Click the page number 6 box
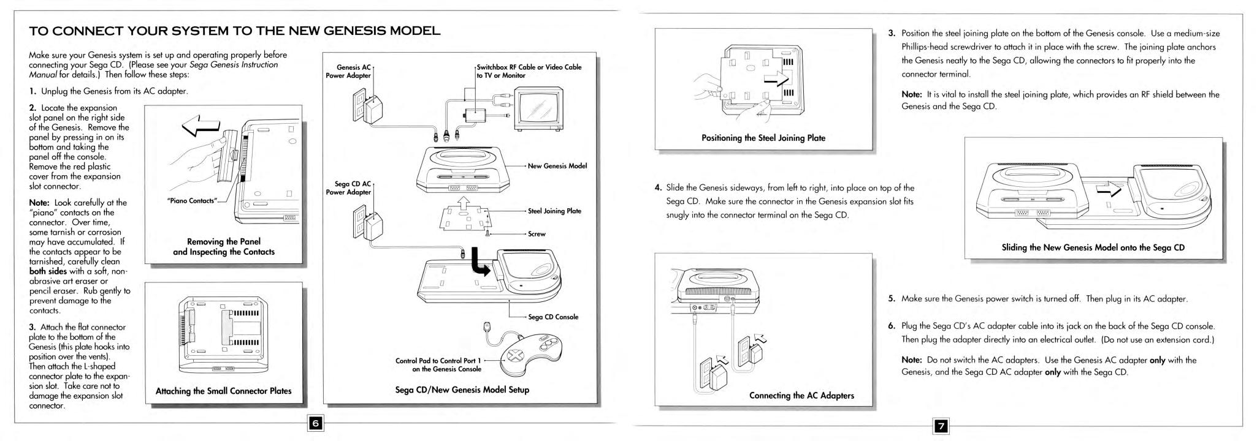(315, 423)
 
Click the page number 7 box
(940, 425)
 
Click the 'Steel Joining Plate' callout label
(554, 211)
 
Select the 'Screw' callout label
(537, 234)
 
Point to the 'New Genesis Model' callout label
(557, 166)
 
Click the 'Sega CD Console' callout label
(553, 317)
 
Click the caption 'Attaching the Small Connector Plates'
(223, 391)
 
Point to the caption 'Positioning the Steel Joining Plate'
(763, 138)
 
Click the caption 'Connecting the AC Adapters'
(801, 395)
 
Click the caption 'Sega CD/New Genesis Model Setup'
(462, 390)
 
